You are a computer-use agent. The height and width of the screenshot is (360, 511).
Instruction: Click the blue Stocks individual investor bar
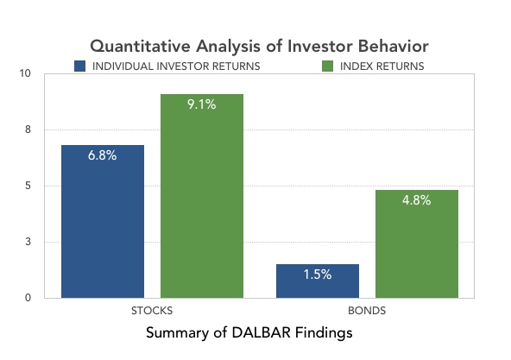tap(103, 221)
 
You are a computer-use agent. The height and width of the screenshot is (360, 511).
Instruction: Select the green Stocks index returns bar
tap(202, 196)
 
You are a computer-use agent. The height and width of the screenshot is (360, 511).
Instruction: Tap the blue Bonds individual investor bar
tap(318, 281)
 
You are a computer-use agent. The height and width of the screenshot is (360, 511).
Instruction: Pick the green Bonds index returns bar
tap(417, 244)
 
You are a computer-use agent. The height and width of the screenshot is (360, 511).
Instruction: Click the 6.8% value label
tap(103, 155)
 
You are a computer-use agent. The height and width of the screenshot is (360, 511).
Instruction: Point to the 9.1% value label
tap(202, 104)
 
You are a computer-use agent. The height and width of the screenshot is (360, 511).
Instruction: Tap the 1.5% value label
tap(318, 275)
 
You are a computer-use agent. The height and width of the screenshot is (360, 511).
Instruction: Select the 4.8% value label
tap(417, 200)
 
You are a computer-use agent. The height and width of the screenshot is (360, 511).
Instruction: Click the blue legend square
tap(79, 66)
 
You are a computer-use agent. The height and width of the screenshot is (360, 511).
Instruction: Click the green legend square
tap(327, 66)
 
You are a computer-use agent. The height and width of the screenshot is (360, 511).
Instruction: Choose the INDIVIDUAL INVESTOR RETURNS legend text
tap(176, 66)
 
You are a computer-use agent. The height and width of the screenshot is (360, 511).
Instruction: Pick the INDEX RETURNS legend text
tap(382, 66)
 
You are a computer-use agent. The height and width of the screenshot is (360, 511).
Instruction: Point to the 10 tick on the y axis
tap(25, 73)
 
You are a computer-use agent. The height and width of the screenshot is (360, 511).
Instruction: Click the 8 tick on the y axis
tap(28, 129)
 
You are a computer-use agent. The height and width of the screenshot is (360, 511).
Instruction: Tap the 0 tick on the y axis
tap(28, 298)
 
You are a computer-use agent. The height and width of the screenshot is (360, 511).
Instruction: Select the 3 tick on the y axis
tap(28, 242)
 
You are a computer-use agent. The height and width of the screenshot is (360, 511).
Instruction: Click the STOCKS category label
tap(152, 311)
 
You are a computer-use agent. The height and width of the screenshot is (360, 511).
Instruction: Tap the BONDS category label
tap(367, 311)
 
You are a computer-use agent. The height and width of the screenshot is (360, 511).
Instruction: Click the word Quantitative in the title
tap(141, 46)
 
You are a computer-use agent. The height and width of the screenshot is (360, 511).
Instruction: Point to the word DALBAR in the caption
tap(261, 333)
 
